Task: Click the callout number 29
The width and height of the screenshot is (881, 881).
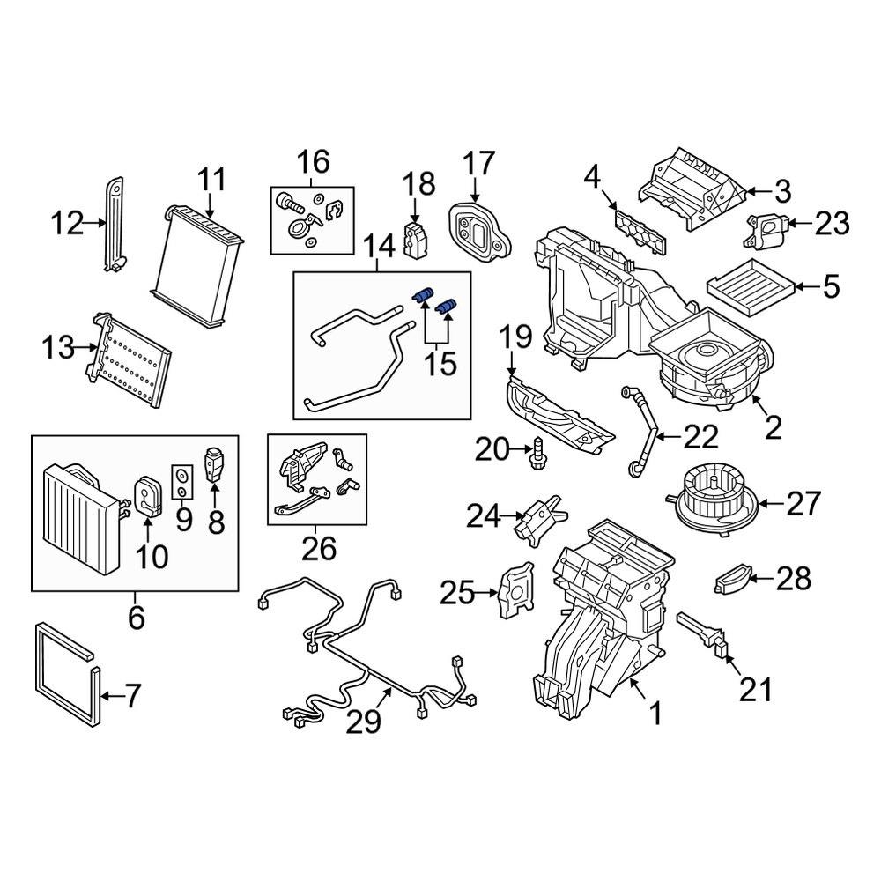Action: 363,722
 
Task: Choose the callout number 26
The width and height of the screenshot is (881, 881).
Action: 318,550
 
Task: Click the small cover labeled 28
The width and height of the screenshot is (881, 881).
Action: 733,580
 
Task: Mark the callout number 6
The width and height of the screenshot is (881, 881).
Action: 136,617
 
